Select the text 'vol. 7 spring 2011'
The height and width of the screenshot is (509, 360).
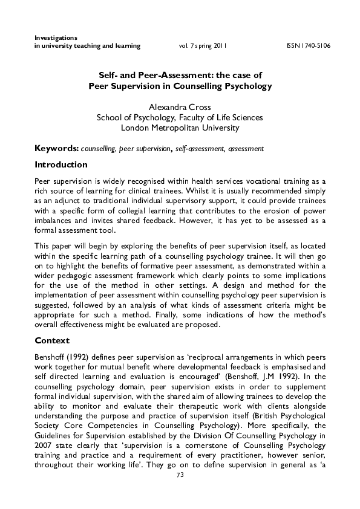pyautogui.click(x=203, y=46)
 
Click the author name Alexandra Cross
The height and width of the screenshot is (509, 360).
pyautogui.click(x=180, y=107)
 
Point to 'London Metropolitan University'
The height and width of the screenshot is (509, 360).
pyautogui.click(x=180, y=128)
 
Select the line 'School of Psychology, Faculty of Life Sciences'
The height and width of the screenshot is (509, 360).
pyautogui.click(x=180, y=117)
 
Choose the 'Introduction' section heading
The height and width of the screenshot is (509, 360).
pyautogui.click(x=61, y=164)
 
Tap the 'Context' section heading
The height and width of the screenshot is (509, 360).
pyautogui.click(x=52, y=340)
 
